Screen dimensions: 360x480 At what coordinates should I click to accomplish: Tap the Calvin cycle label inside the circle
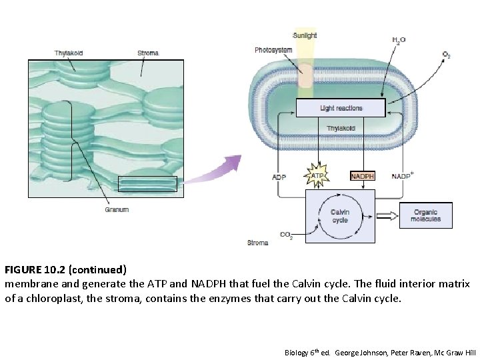tap(340, 216)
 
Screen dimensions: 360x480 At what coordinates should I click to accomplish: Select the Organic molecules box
tap(425, 215)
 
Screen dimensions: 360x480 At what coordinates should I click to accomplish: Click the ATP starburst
tap(318, 176)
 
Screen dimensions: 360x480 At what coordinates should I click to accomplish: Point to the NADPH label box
tap(363, 177)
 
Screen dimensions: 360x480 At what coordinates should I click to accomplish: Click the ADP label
tap(280, 177)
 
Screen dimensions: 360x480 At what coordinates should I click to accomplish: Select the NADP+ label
tap(403, 177)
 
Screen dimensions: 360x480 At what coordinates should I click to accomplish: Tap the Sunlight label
tap(305, 35)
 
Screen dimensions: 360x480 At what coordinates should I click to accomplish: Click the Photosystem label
tap(273, 50)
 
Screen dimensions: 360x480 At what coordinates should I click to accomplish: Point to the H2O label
tap(399, 41)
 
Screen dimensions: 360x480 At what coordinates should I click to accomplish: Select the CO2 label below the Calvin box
tap(286, 235)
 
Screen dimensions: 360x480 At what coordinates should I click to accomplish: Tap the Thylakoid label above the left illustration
tap(69, 53)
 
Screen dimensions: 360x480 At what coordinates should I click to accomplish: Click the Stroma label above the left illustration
tap(148, 53)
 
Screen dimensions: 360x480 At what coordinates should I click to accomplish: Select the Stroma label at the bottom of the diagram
tap(257, 243)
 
